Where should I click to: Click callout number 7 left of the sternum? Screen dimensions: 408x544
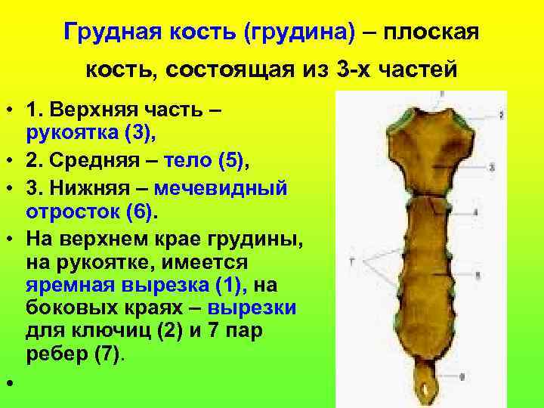(x=352, y=261)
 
